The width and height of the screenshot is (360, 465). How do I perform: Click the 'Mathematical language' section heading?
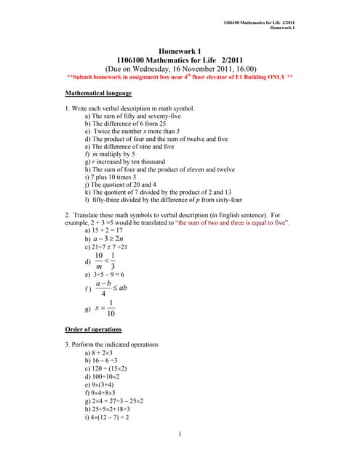tap(98, 94)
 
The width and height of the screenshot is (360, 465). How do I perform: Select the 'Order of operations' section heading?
tap(94, 329)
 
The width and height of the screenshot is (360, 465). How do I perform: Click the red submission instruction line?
tap(179, 76)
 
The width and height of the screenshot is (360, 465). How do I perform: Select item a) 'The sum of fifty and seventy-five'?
tap(135, 116)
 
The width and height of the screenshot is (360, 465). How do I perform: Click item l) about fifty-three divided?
tap(164, 199)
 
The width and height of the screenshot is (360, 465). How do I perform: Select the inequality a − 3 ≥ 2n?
tap(116, 238)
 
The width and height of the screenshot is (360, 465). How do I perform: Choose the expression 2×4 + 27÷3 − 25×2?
tap(119, 400)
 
